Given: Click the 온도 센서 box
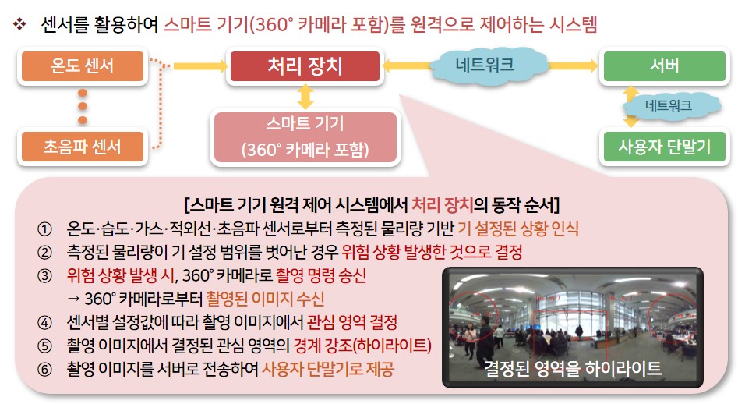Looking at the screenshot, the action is tap(82, 66).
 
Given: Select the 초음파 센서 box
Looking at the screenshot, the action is tap(82, 147).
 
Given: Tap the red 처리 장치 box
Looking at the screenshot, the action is tap(305, 66).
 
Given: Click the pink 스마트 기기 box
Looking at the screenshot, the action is tap(305, 137).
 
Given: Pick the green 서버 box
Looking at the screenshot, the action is tap(664, 66).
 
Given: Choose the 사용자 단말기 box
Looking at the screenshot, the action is tap(664, 147).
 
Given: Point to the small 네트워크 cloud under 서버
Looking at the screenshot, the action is tap(669, 105).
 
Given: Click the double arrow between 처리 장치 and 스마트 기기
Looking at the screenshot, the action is tap(305, 97).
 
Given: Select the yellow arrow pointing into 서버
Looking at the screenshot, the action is tap(573, 66).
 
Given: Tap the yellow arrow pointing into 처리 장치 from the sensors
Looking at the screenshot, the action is tap(200, 66).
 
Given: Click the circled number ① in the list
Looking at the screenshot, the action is tap(44, 229).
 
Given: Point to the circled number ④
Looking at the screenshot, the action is tap(44, 323).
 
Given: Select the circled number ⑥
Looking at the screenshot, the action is tap(44, 370).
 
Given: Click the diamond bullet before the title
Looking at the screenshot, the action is tap(19, 23).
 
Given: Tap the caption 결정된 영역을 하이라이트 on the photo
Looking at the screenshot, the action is tap(573, 368).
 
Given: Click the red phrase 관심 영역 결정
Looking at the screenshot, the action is tap(352, 323).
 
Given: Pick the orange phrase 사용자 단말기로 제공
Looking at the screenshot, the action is tap(328, 370).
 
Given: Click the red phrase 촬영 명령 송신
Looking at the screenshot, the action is tap(321, 276).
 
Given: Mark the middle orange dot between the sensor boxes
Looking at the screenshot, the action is tap(83, 106).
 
